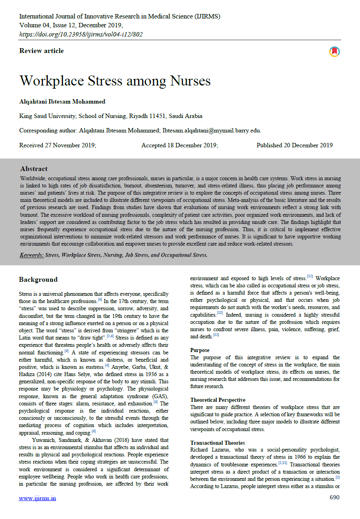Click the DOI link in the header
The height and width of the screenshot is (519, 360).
pyautogui.click(x=81, y=34)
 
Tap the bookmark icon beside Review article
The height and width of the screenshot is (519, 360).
pyautogui.click(x=334, y=51)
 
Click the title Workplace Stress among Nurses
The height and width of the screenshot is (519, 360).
pyautogui.click(x=115, y=81)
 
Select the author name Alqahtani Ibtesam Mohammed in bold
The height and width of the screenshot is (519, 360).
pyautogui.click(x=62, y=102)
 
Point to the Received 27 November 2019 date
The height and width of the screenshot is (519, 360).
pyautogui.click(x=58, y=145)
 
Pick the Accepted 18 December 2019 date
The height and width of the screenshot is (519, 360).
pyautogui.click(x=179, y=145)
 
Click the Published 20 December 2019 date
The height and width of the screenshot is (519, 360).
pyautogui.click(x=294, y=145)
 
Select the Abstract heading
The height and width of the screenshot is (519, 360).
pyautogui.click(x=34, y=169)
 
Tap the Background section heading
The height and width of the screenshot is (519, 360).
pyautogui.click(x=38, y=280)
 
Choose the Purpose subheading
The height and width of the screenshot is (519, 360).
pyautogui.click(x=200, y=350)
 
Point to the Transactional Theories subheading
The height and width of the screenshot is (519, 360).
pyautogui.click(x=218, y=443)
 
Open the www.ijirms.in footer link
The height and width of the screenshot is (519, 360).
pyautogui.click(x=38, y=498)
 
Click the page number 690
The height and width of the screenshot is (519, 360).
pyautogui.click(x=334, y=498)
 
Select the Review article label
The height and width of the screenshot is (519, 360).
pyautogui.click(x=41, y=51)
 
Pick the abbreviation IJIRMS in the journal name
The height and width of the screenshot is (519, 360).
pyautogui.click(x=207, y=16)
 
